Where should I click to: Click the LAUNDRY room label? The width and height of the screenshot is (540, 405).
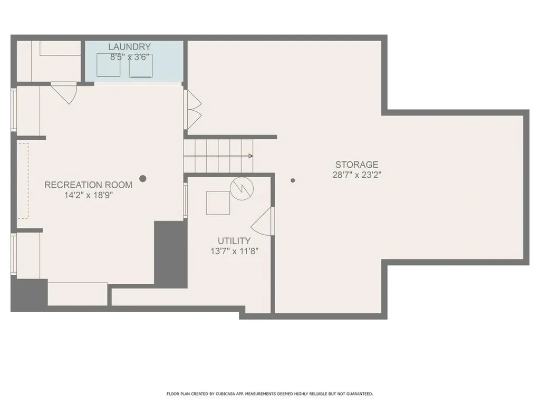coord(129,47)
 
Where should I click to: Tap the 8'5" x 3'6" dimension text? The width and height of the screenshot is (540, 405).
coord(129,57)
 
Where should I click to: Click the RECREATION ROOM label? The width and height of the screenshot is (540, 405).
coord(88,185)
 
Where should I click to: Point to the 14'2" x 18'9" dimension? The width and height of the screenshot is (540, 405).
coord(88,195)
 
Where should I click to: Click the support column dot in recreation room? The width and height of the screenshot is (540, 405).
coord(142,179)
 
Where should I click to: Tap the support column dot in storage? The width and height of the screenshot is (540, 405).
coord(293,180)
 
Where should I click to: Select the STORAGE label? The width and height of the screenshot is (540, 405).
coord(356,165)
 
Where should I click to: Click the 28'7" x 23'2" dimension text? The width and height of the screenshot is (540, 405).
coord(356,175)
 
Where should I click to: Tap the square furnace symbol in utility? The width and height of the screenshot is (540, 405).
coord(218,202)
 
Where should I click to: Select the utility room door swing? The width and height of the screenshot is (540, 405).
coord(263,221)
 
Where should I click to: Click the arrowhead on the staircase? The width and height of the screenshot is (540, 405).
coord(250,156)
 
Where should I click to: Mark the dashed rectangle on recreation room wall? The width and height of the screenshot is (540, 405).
coord(23,180)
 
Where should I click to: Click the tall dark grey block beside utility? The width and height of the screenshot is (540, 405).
coord(170,254)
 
